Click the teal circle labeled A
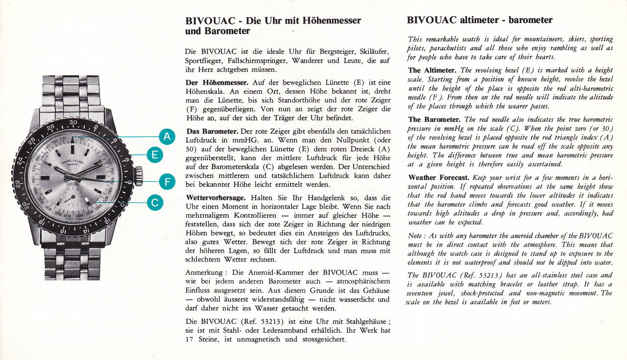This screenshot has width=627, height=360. [167, 137]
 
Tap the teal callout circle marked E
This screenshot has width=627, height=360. [155, 156]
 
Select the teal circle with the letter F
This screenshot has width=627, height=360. [167, 183]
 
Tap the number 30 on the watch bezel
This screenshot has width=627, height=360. [73, 122]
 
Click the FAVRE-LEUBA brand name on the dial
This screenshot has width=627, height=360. [72, 162]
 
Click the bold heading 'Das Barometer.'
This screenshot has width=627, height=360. [212, 131]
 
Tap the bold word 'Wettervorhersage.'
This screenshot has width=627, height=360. [216, 198]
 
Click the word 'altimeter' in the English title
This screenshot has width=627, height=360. [481, 20]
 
